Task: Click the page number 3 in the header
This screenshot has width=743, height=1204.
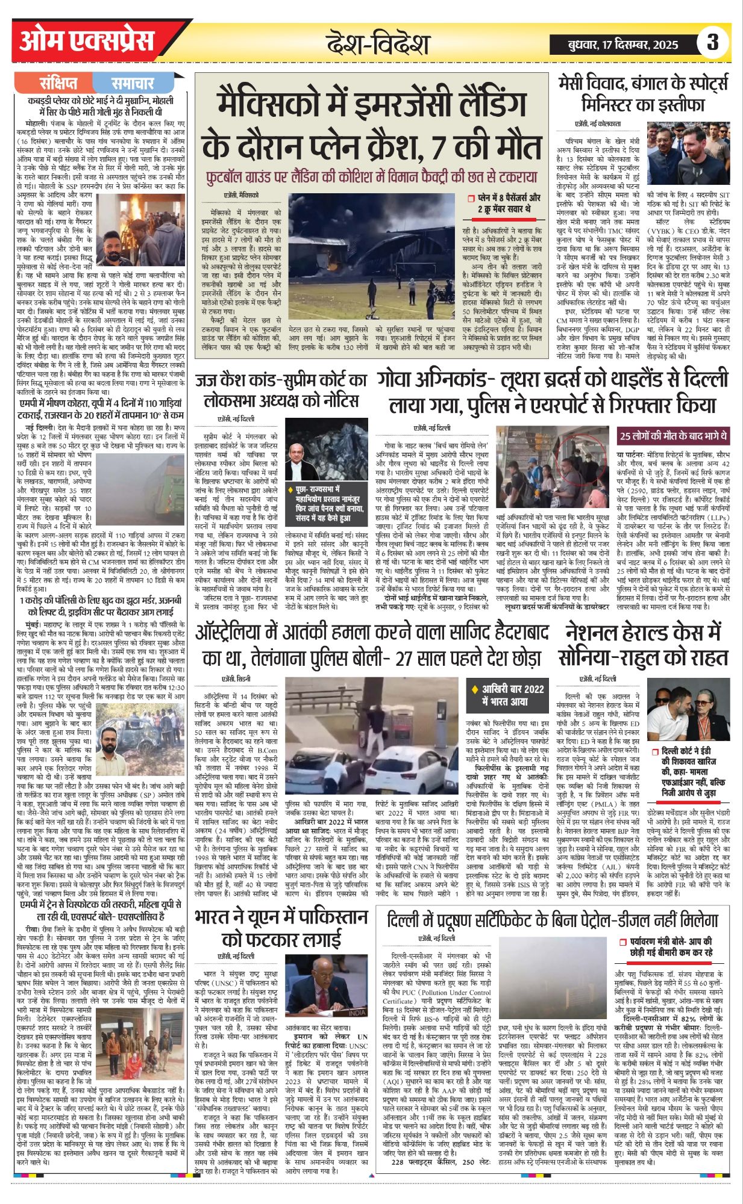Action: (713, 43)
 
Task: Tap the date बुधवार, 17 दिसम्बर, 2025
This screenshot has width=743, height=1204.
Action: (623, 45)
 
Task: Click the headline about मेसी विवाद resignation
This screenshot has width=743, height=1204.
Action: (643, 92)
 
